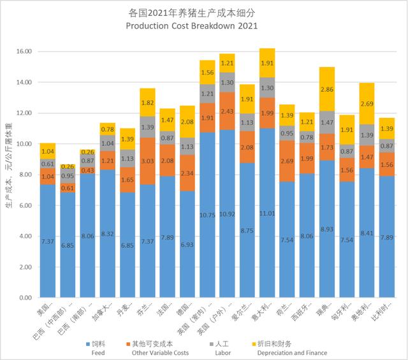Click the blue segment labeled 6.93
(x=169, y=244)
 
